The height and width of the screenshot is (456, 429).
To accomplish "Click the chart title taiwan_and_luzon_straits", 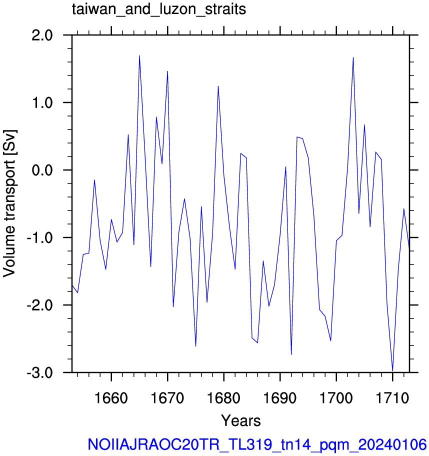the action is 159,9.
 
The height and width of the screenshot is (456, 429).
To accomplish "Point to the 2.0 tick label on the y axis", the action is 42,36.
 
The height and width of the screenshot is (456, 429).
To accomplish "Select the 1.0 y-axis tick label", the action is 42,103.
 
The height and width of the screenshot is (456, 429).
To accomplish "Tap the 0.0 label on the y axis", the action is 42,170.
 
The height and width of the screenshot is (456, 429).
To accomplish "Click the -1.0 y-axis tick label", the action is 40,238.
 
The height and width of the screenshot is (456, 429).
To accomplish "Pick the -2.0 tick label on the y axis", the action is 40,305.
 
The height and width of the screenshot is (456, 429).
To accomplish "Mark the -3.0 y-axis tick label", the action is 40,373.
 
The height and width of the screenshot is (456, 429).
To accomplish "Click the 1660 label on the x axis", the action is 111,398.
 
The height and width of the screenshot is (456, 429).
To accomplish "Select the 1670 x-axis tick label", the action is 167,398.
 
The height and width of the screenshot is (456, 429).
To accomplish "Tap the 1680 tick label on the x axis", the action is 223,398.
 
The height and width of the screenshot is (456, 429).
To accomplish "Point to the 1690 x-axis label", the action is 280,398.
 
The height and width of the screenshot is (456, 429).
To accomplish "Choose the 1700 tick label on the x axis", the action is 336,398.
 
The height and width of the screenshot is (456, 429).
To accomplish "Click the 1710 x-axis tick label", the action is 392,398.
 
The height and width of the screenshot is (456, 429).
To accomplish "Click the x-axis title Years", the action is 241,421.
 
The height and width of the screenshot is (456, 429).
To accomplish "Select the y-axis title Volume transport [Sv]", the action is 9,203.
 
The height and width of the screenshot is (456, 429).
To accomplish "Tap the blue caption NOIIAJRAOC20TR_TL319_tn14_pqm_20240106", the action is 257,444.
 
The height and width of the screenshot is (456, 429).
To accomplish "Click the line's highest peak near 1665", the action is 139,55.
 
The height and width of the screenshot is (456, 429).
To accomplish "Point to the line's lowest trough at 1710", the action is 392,371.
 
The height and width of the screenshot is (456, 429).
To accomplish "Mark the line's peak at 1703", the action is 353,57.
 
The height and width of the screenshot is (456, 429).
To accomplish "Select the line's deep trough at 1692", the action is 291,354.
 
